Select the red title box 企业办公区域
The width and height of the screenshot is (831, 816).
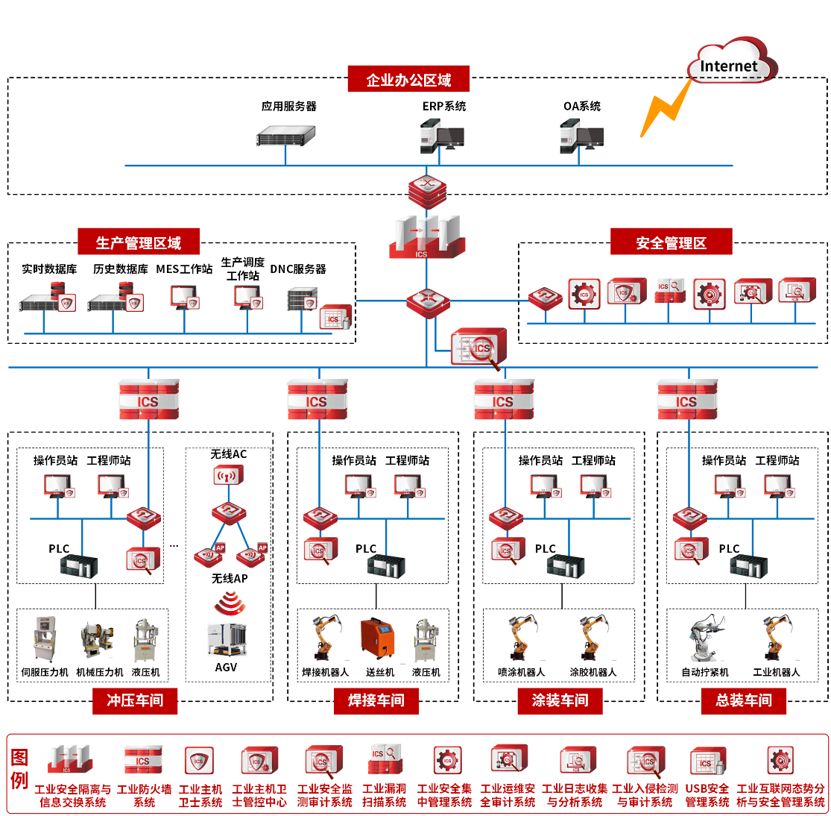[408, 79]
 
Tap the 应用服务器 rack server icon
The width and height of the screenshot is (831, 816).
[286, 135]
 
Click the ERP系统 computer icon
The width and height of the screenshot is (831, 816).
[442, 136]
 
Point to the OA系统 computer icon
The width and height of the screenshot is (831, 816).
[581, 136]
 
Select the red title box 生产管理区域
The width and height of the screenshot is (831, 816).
[139, 242]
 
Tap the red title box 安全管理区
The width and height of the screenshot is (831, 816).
[671, 242]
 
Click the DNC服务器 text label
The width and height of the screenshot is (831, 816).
[298, 269]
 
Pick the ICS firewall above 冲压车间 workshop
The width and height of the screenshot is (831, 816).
[148, 400]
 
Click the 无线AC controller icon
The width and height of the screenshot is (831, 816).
[229, 476]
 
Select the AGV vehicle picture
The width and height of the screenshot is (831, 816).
[227, 640]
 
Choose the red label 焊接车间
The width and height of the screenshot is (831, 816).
[376, 700]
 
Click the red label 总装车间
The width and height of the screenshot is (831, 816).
[743, 700]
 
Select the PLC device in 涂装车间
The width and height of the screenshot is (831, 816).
[566, 565]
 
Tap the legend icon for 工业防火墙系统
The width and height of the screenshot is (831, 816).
[143, 761]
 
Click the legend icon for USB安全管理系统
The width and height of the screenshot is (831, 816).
[707, 761]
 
